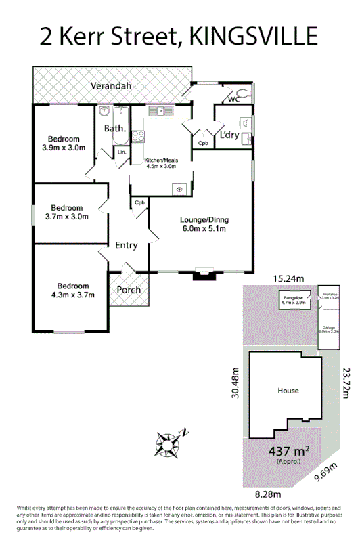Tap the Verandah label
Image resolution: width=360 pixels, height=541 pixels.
point(112,86)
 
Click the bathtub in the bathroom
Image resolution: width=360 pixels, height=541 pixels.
point(120,127)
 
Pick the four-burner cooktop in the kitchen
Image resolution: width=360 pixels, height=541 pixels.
point(138,136)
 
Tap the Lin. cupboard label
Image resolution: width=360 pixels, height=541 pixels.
point(122,152)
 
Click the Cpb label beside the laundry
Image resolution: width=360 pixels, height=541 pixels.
point(203,143)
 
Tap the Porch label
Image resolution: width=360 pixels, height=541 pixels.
point(129,290)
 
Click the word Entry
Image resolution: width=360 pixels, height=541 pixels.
point(127,245)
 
